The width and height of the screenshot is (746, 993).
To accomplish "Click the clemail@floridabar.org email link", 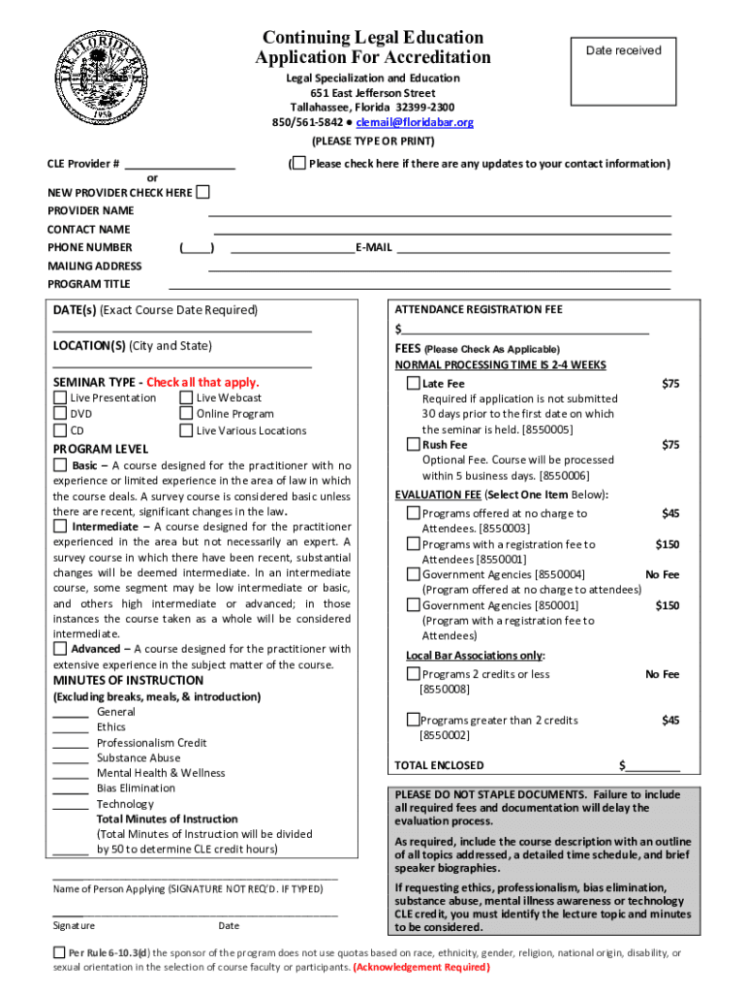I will coord(415,122).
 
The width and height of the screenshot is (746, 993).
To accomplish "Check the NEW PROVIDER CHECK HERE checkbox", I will coord(202,192).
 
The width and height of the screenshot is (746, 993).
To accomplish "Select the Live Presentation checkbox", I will coord(60,398).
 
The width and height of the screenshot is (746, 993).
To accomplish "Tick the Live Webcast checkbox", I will coord(186,398).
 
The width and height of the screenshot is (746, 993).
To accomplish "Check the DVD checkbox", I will coord(60,414).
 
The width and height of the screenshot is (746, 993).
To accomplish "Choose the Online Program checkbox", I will coord(186,414).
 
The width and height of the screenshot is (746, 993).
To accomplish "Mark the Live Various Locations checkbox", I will coord(186,431).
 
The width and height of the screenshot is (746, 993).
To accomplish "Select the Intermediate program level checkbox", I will coord(60,527).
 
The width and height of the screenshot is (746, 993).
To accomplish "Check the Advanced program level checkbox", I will coord(60,649).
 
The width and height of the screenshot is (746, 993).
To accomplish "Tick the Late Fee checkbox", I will coord(413,384).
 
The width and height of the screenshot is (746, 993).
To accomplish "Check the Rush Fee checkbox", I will coord(413,445).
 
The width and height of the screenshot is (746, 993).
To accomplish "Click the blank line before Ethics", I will coord(71,728).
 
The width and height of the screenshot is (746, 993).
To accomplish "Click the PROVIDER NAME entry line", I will coord(439,212).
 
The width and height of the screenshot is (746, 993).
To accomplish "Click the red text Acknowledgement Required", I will coord(421,968).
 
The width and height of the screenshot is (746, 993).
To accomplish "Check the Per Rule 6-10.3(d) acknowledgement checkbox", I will coord(60,953).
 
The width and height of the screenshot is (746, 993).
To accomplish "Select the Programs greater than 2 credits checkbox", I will coord(413,720).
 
